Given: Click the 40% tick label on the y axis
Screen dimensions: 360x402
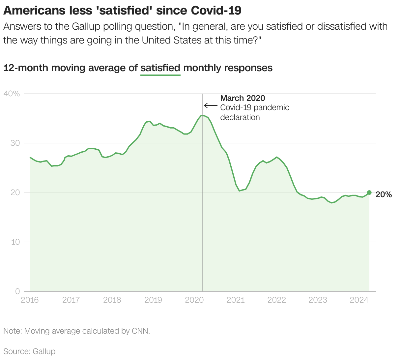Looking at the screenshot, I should [x=12, y=94].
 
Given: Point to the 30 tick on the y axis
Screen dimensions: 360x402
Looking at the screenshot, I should [x=15, y=143].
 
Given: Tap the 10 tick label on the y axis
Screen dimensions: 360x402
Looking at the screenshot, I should [x=15, y=242].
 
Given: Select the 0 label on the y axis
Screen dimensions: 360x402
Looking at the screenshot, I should [x=17, y=291].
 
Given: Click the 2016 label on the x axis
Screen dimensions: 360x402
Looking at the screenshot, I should [x=30, y=300].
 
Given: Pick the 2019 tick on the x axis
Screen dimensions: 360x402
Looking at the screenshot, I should [x=153, y=300].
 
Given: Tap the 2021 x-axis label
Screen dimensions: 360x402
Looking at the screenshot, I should [x=236, y=300].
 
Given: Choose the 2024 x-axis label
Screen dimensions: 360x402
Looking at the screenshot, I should [x=359, y=300].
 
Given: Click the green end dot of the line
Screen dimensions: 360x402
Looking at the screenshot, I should [x=369, y=193].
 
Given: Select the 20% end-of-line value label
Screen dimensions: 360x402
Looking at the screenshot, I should [x=384, y=195].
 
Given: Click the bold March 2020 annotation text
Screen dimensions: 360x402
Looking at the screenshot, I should [x=243, y=98].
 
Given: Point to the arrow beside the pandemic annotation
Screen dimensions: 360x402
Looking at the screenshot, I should [x=211, y=106].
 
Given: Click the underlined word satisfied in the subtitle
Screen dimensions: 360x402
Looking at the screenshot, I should [x=160, y=68].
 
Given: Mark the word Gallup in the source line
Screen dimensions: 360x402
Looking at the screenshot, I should [x=44, y=351].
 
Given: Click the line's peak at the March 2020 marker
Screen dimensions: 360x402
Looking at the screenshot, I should [x=202, y=115].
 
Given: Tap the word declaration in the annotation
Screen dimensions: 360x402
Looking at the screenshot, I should [x=240, y=117].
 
